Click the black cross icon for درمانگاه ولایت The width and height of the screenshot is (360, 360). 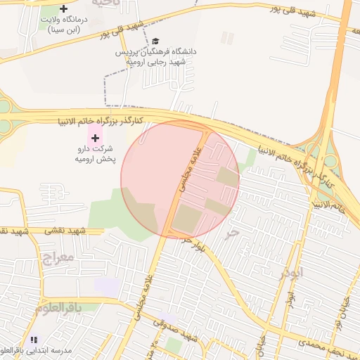point(64,9)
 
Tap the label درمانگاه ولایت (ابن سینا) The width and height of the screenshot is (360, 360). point(64,25)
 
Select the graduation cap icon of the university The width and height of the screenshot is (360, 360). point(155,41)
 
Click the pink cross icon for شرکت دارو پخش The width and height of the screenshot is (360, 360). point(95,138)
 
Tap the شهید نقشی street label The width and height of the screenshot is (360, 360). point(52,231)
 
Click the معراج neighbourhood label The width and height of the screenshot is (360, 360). point(58,258)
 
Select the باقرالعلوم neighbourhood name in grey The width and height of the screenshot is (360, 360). point(59,307)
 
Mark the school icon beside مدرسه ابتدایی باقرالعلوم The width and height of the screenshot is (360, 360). point(34,339)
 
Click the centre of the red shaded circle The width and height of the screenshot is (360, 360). point(180,179)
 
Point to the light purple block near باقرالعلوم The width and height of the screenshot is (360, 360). point(107,286)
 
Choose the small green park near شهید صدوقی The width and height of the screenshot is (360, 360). point(174,345)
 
